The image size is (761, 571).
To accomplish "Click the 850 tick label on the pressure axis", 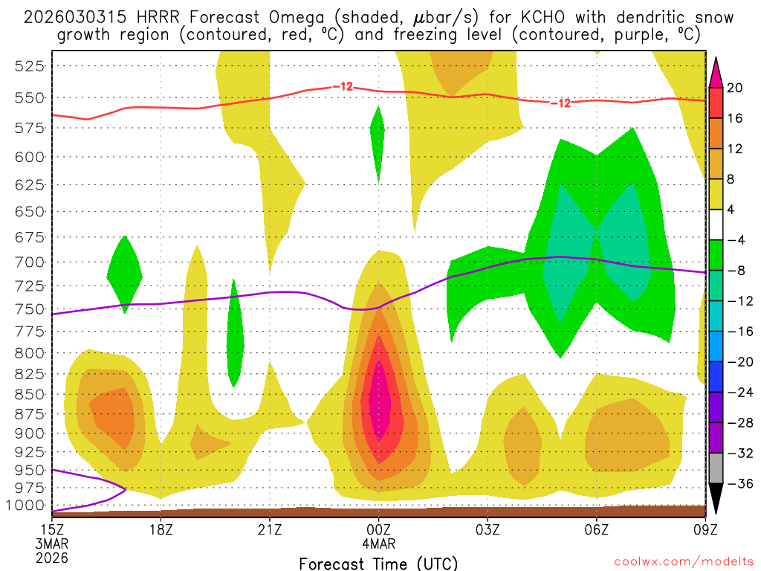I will tap(30, 394).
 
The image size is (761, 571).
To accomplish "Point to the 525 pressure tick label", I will tap(30, 65).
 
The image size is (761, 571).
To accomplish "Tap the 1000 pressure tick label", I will tap(27, 506).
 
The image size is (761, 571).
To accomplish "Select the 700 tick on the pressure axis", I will tap(30, 262).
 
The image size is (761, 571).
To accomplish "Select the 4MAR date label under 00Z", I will tap(379, 543).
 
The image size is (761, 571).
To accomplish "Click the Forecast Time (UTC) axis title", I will tap(378, 563).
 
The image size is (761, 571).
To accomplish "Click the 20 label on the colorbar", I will tap(735, 88).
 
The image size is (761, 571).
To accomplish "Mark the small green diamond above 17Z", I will tap(124, 274).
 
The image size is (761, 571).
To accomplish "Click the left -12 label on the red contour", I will tap(343, 87).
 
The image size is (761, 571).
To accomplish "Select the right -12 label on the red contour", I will tap(560, 103).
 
